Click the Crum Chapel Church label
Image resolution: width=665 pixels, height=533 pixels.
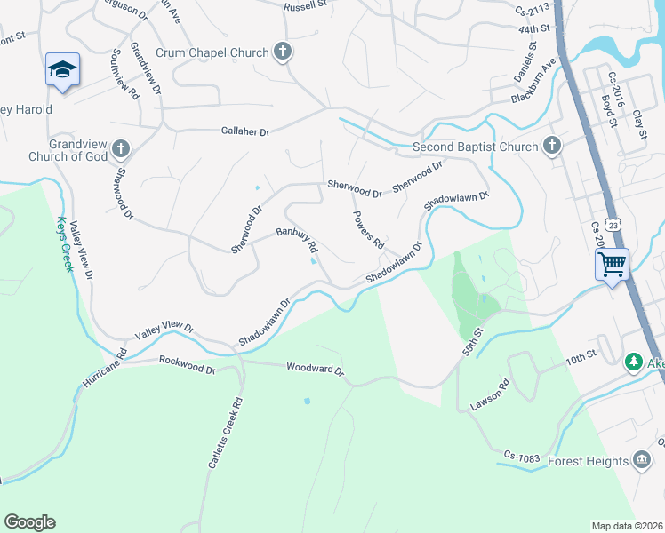(x=212, y=52)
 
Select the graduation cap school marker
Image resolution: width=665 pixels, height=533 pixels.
(x=63, y=70)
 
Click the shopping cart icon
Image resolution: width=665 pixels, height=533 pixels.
(x=612, y=263)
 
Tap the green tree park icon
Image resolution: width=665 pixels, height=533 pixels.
(x=633, y=362)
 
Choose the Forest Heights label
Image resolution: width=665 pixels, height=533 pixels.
(x=587, y=460)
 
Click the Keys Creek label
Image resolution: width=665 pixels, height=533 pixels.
(x=63, y=244)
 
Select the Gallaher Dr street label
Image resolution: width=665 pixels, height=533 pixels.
(x=244, y=131)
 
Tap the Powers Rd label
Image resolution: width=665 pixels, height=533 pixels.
(x=367, y=230)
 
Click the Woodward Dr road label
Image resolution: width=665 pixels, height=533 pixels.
(x=314, y=368)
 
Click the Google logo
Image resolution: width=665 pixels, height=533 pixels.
(x=29, y=522)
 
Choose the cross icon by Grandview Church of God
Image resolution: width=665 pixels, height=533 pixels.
(x=122, y=149)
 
